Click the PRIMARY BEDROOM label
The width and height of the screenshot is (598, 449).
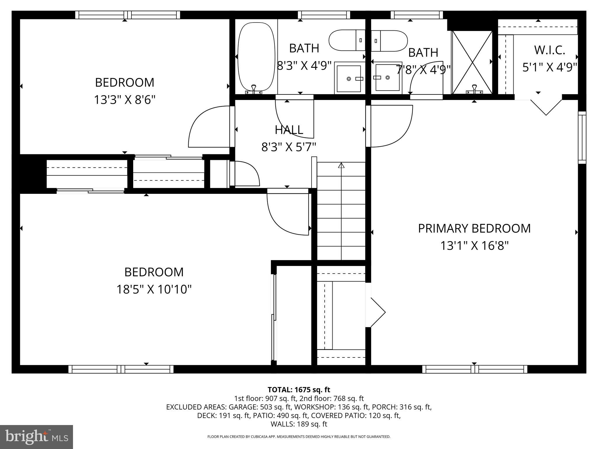[474, 228]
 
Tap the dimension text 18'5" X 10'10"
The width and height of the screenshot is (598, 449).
[154, 290]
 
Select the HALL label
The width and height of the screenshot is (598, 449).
[289, 130]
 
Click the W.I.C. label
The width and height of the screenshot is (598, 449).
[550, 50]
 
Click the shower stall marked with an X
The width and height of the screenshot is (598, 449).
[472, 62]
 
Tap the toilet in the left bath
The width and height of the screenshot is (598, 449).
[346, 40]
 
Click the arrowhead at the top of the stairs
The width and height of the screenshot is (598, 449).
[341, 165]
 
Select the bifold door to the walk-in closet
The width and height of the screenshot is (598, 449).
[546, 107]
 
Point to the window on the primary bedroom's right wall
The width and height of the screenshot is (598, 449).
[582, 137]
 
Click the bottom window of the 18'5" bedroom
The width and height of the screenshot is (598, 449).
[121, 369]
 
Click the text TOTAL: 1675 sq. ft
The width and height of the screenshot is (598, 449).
[299, 390]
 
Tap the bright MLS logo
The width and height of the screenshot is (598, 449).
[36, 437]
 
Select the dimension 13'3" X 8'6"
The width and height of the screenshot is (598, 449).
[124, 100]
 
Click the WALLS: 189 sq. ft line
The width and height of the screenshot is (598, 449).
[299, 424]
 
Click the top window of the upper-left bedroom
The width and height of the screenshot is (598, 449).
[128, 15]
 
